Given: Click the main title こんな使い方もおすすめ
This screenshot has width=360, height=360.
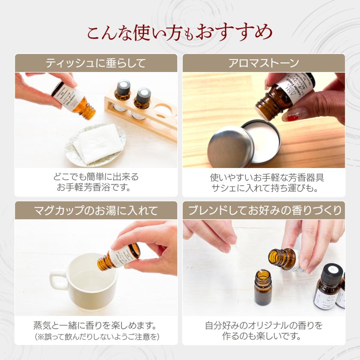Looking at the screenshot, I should (180, 32).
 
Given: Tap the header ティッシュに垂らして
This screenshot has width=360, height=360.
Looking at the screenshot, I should (96, 63).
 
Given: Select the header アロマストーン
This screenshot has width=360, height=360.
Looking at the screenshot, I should (263, 63).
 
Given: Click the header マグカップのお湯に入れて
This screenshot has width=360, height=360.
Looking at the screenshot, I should (96, 210).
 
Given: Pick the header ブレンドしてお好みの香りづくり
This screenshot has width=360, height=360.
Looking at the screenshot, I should (263, 210).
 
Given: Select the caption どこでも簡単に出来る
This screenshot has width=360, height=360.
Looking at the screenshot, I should (96, 176).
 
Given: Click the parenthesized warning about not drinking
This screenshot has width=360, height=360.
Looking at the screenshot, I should (96, 337).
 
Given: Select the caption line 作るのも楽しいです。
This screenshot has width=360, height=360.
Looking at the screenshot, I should (263, 336).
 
